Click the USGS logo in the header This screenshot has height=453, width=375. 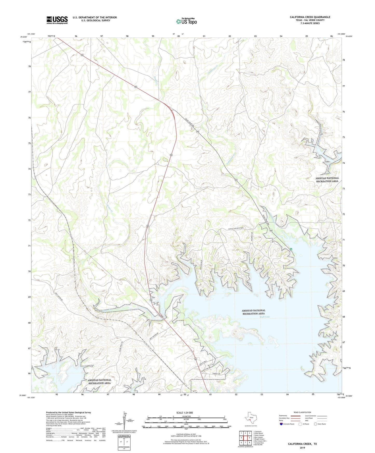[57, 20]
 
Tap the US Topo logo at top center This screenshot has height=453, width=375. [186, 21]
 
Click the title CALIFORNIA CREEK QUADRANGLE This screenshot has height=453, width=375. [310, 17]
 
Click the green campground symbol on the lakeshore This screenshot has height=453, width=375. [291, 249]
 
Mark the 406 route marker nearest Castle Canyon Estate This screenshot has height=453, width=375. [271, 231]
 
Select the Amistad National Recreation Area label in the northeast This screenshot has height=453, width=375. [327, 180]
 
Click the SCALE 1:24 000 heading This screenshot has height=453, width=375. [185, 413]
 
